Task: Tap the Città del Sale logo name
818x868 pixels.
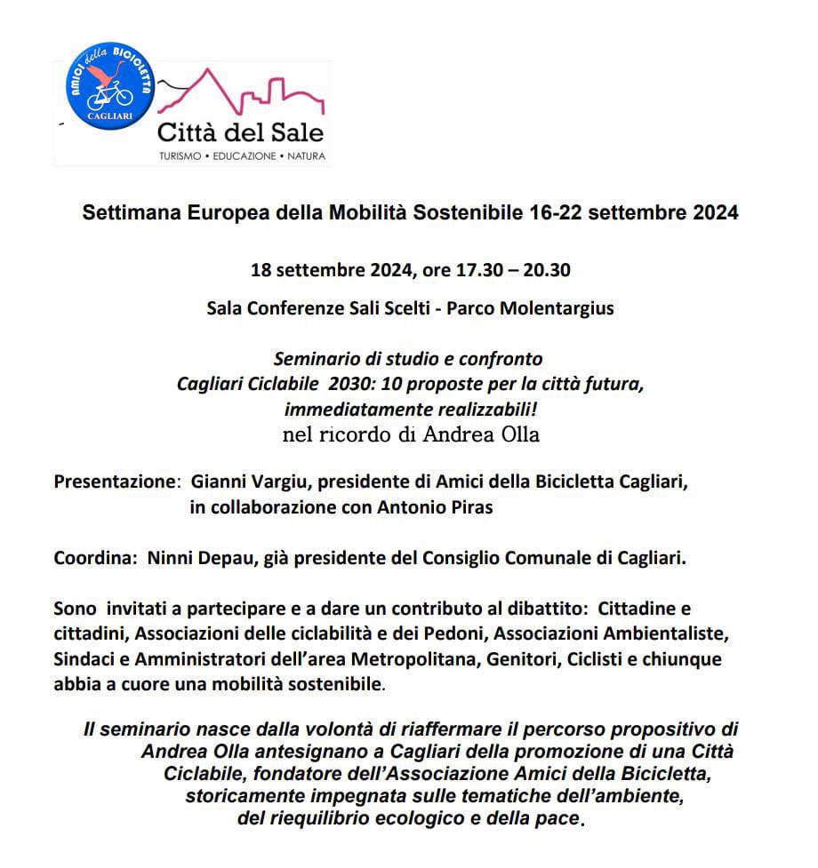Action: pos(241,134)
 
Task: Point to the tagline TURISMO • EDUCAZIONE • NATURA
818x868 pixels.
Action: pos(241,156)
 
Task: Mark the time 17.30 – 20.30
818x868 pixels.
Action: pos(511,270)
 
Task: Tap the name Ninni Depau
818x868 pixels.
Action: pos(184,560)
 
